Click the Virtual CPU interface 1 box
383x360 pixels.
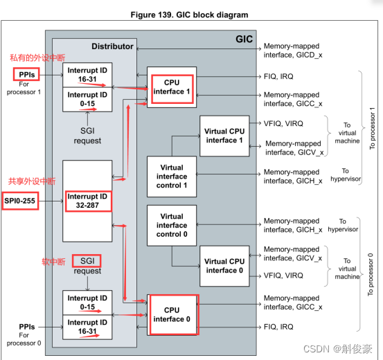[x=225, y=135]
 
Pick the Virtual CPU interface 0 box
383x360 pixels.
[x=225, y=266]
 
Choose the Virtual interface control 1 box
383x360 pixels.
[x=172, y=176]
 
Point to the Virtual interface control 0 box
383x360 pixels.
[x=172, y=225]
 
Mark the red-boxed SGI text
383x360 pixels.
[x=87, y=261]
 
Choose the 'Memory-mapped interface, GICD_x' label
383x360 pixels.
[x=291, y=53]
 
